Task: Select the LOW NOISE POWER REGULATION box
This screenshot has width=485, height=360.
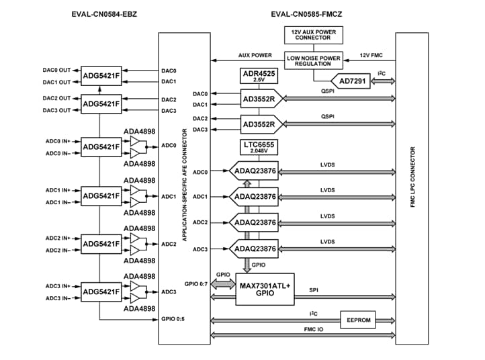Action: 314,60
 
